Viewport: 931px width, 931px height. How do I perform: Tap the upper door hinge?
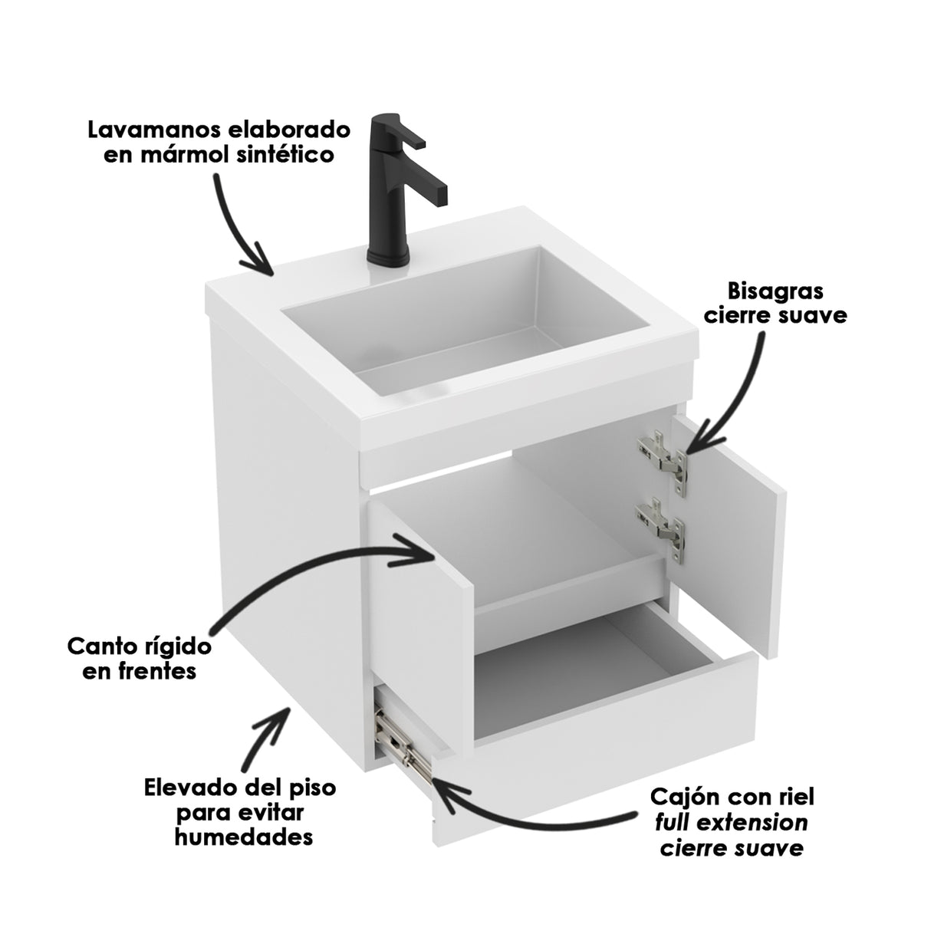pos(663,459)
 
